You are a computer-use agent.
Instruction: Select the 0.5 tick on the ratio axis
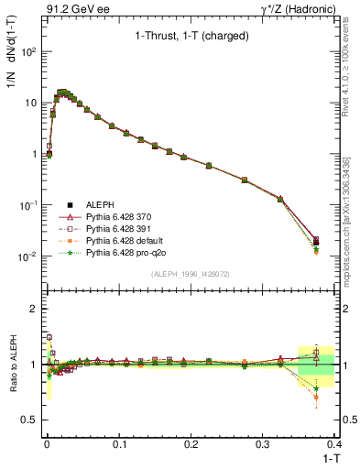click(31, 420)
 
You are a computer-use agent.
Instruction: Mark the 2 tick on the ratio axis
click(35, 309)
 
